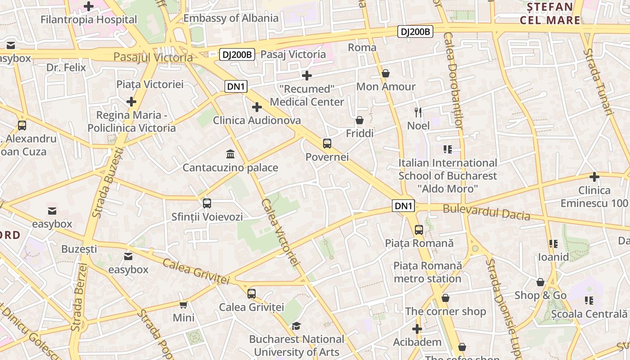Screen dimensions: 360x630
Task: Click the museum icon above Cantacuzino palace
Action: click(x=231, y=154)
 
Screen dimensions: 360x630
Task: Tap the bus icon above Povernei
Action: click(x=327, y=144)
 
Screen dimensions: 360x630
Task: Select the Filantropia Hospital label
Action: click(x=89, y=19)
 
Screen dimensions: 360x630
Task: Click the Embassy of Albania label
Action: click(x=231, y=18)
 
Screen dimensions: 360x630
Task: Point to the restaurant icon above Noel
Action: click(x=418, y=112)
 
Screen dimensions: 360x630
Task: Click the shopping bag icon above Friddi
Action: click(x=360, y=120)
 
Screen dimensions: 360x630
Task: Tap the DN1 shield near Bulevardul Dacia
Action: click(x=403, y=206)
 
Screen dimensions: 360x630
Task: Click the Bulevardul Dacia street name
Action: click(x=486, y=212)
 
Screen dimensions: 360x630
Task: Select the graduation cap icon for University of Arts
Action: click(x=296, y=325)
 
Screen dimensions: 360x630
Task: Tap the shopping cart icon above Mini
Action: click(x=184, y=305)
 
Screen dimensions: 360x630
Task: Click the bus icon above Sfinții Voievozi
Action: click(x=207, y=203)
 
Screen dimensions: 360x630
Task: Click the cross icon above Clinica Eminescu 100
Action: click(x=594, y=177)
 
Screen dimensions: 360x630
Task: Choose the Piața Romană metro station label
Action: click(x=427, y=272)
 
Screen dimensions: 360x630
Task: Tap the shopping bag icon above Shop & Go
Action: click(x=540, y=282)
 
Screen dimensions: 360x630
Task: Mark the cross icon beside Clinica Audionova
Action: click(x=257, y=107)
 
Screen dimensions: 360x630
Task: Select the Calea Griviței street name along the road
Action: click(x=196, y=271)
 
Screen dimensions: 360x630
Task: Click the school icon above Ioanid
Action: click(x=553, y=244)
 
